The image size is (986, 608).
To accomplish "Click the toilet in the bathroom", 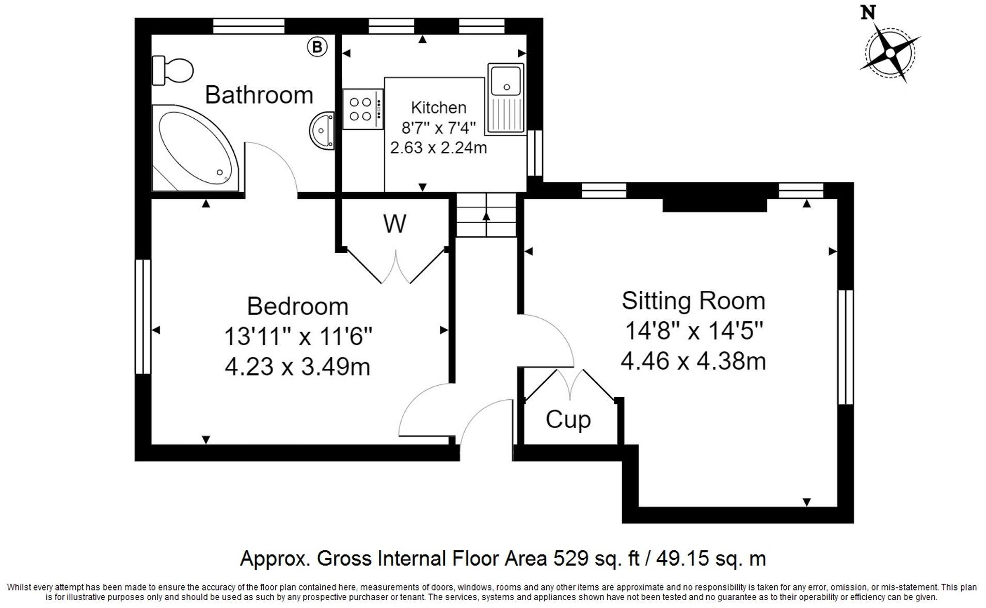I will (172, 70).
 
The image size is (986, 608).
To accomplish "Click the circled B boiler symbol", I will (317, 47).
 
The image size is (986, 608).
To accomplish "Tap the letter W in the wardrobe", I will (394, 224).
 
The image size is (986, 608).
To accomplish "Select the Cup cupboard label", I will (568, 419).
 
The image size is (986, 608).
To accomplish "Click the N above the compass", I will (868, 12).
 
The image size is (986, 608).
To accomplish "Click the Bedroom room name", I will (298, 306).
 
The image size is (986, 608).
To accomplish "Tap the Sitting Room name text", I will (693, 301).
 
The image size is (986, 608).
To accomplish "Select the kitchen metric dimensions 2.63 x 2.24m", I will (438, 148).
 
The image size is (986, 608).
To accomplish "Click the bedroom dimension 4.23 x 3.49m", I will (298, 367).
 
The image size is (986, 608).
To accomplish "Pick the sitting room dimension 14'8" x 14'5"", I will (693, 331).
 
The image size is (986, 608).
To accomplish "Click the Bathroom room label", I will (259, 95).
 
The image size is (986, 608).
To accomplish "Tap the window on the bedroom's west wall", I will (143, 316).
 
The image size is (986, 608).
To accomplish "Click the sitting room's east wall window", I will (845, 347).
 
